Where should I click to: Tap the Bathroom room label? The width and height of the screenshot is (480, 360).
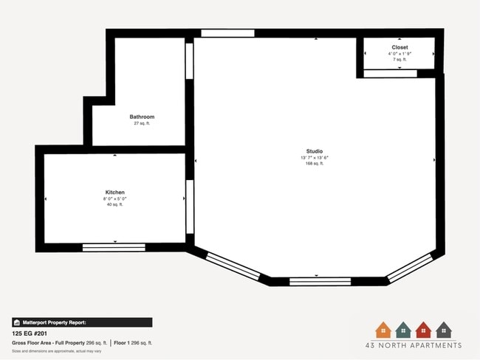point(142,117)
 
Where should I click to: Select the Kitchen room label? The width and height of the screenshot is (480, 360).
point(114,192)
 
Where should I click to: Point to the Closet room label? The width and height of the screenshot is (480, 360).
point(400,47)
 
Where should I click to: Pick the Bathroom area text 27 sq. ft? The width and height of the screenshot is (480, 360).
point(142,123)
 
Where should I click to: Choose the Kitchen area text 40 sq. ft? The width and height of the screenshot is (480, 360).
point(114,204)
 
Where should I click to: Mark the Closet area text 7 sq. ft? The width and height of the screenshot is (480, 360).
point(400,59)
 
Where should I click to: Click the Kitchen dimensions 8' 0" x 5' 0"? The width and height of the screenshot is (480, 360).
point(114,198)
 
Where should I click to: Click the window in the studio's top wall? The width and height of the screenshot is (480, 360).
point(227,33)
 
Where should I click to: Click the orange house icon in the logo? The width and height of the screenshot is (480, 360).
point(383,330)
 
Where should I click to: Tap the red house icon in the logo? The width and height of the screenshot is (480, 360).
point(423,330)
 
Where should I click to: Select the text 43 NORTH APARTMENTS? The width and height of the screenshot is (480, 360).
point(414,345)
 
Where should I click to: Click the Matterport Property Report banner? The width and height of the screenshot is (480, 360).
point(81,322)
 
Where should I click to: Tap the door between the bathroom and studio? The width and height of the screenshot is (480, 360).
point(189,61)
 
